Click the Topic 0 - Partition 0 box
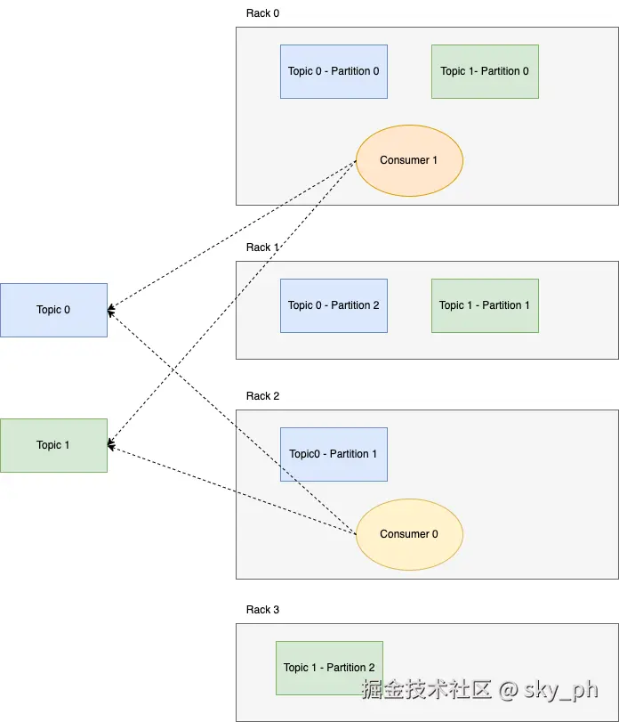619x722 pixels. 334,71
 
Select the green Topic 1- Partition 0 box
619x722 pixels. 485,71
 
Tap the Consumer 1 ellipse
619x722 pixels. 409,160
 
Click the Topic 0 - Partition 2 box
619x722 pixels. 334,305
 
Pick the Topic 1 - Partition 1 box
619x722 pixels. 485,305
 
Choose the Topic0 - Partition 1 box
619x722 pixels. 334,454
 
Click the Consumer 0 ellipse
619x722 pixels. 409,534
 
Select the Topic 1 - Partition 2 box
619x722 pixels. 329,668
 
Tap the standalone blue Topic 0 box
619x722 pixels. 53,310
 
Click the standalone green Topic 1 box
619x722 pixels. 53,445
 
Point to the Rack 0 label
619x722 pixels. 262,13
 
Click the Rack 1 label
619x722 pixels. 262,247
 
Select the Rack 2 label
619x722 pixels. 262,396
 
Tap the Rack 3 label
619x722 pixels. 262,610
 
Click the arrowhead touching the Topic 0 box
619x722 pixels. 111,311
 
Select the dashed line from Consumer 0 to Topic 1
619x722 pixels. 231,489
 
